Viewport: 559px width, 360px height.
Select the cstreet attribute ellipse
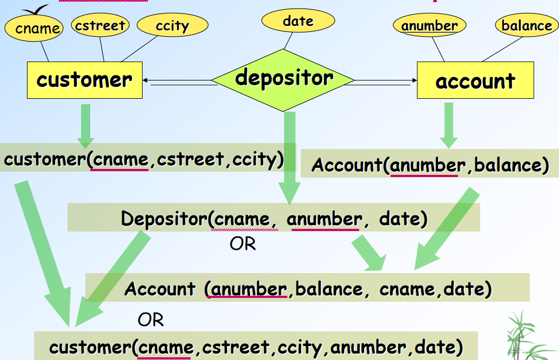click(100, 25)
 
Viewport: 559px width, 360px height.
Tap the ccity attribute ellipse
click(172, 25)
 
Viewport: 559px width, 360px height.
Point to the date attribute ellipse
click(298, 21)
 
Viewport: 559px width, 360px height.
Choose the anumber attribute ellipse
click(429, 25)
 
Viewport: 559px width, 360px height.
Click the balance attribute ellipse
click(526, 25)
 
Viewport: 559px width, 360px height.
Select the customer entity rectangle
click(85, 80)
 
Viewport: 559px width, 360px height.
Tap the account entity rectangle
click(475, 80)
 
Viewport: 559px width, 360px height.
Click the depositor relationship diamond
click(284, 80)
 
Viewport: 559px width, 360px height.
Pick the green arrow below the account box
click(449, 125)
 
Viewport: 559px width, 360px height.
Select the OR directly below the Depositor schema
click(243, 244)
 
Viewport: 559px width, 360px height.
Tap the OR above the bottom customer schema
click(151, 320)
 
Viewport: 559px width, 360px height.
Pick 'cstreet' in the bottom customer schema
click(235, 346)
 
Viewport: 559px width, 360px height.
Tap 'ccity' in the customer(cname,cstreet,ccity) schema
click(254, 160)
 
